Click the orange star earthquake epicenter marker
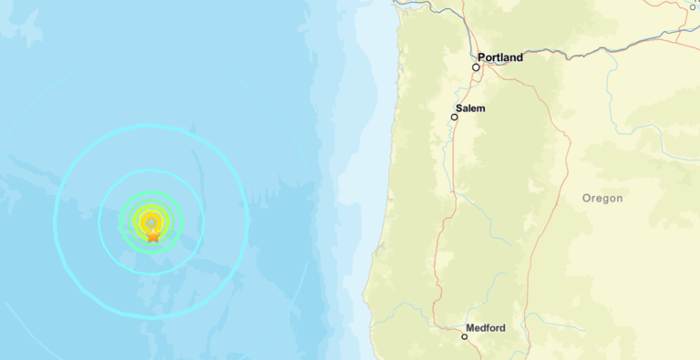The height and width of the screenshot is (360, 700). click(153, 235)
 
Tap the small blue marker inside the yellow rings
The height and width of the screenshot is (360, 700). click(150, 221)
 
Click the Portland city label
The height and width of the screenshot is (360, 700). click(500, 57)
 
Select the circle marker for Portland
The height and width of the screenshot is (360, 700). click(476, 67)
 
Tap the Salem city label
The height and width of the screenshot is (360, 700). click(471, 108)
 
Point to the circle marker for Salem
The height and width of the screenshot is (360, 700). click(456, 117)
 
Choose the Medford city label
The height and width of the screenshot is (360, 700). click(485, 327)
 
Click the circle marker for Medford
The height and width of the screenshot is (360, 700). click(464, 337)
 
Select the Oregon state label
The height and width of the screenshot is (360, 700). click(602, 198)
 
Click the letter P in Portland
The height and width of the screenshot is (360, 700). click(481, 57)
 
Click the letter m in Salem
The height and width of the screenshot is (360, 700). click(481, 108)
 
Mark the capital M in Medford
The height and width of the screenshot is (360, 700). click(469, 327)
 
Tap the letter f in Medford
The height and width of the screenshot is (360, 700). click(488, 327)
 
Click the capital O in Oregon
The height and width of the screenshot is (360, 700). click(587, 198)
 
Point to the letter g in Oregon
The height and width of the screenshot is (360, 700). click(605, 199)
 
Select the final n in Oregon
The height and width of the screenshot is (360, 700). click(620, 198)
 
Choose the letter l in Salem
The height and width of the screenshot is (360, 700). click(473, 108)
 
